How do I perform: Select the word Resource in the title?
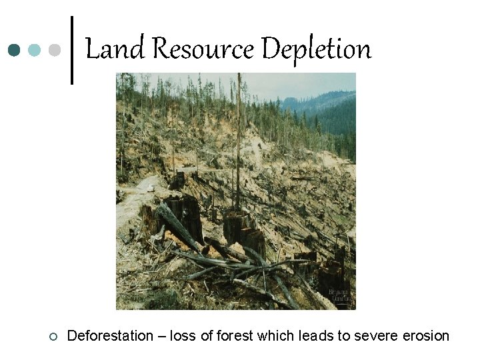(x=201, y=49)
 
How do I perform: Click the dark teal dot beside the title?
(x=14, y=50)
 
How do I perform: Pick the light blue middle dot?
(x=35, y=50)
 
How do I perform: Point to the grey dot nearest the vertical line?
(x=55, y=50)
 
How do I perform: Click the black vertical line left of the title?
(x=71, y=50)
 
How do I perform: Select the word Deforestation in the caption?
(x=110, y=335)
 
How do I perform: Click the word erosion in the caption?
(x=426, y=335)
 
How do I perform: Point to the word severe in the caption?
(x=377, y=335)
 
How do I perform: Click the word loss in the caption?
(x=183, y=335)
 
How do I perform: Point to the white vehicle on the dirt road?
(x=151, y=189)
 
